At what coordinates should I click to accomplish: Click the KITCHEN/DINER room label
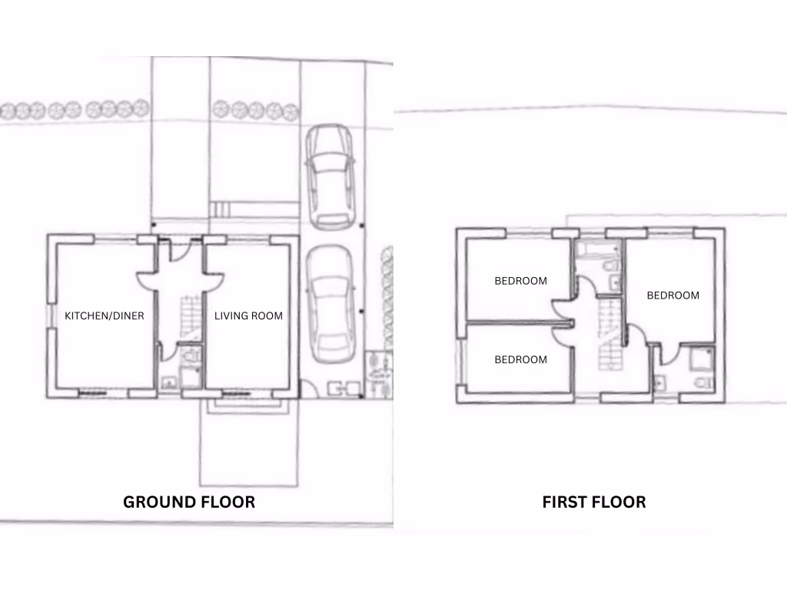(105, 316)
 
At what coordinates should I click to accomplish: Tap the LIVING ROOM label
(248, 316)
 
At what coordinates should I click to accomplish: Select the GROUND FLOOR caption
(189, 502)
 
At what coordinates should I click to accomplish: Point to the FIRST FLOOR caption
(594, 502)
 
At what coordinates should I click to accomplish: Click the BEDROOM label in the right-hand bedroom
(672, 295)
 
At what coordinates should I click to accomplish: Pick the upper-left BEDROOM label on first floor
(521, 281)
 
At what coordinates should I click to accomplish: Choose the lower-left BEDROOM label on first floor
(521, 359)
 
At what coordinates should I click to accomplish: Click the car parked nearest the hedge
(329, 177)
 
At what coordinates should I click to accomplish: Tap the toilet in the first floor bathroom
(611, 266)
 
